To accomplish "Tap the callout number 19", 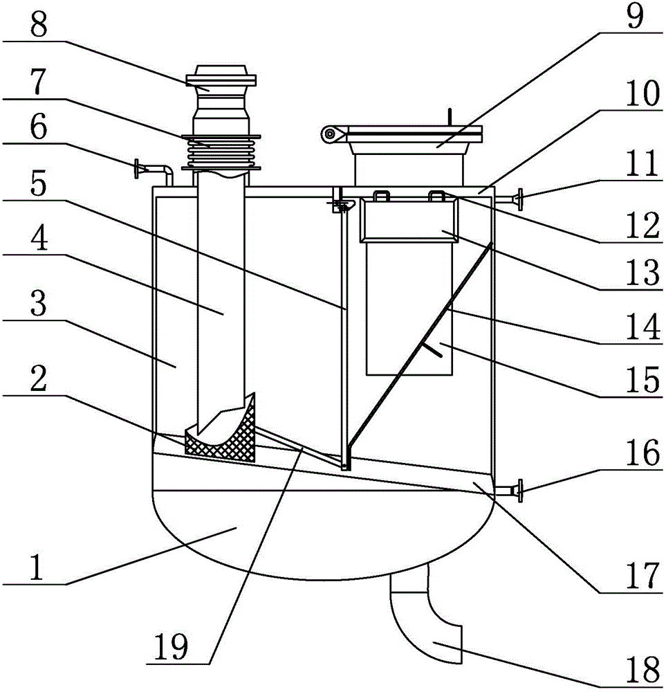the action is coord(172,646).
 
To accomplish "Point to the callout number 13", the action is coord(642,271).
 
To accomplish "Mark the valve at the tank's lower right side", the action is coord(515,491).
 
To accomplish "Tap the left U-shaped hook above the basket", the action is coord(382,196).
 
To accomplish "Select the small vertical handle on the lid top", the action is coord(450,117).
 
